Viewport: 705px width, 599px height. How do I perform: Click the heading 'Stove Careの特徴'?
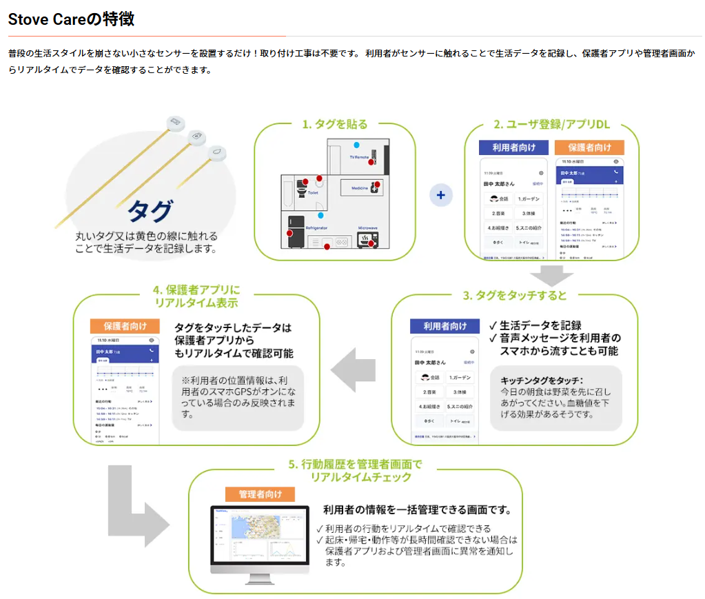(x=71, y=19)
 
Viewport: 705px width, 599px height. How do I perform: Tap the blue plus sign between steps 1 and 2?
(x=441, y=195)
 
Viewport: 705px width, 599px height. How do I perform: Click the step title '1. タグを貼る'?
(x=335, y=125)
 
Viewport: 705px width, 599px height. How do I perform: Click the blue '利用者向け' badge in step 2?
(x=513, y=148)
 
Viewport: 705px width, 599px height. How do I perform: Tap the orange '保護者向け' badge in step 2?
(x=589, y=148)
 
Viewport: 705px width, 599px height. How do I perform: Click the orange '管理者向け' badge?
(x=260, y=494)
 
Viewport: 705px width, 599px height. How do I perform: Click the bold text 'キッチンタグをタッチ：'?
(x=542, y=380)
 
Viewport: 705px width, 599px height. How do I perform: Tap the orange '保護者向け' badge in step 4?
(x=125, y=326)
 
